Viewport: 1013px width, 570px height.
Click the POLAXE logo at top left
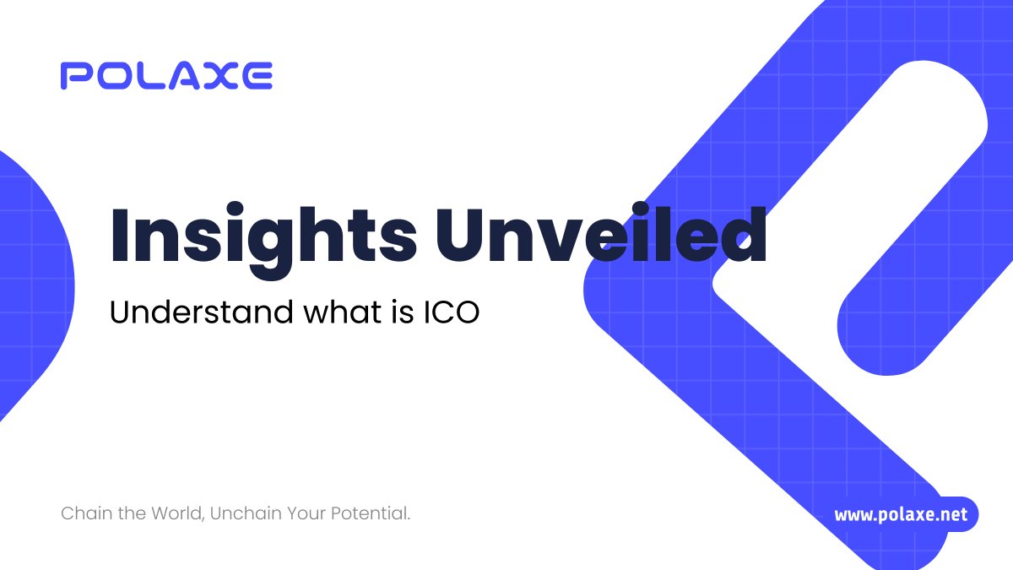point(166,76)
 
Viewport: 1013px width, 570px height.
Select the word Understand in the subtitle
point(200,313)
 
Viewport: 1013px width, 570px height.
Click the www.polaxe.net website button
point(901,514)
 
